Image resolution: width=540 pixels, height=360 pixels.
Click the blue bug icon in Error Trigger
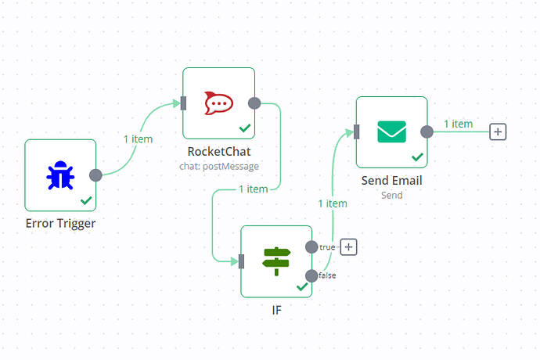click(60, 175)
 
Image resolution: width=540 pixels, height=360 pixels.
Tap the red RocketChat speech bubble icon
click(218, 103)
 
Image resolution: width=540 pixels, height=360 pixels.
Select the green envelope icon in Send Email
click(391, 131)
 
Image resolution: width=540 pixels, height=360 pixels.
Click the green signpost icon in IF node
click(276, 261)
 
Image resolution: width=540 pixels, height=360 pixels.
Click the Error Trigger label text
click(60, 223)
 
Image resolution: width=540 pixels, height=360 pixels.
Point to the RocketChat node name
click(219, 151)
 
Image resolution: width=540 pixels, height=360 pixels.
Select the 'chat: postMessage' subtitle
click(219, 166)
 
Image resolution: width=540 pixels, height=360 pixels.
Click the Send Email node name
click(391, 181)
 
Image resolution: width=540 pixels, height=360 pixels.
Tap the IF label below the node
click(275, 309)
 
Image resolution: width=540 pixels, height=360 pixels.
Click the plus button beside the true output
click(349, 247)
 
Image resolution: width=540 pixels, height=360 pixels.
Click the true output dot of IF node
click(311, 247)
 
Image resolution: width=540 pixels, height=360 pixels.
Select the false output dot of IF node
click(311, 275)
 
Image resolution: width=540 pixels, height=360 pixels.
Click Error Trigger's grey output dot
click(95, 175)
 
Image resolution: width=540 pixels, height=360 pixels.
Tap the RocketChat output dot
click(254, 103)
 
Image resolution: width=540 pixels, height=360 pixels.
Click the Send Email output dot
click(427, 131)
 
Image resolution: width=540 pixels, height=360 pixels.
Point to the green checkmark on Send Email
click(417, 157)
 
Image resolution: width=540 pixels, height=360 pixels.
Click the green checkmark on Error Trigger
click(86, 200)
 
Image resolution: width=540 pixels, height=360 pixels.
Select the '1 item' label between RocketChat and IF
click(253, 189)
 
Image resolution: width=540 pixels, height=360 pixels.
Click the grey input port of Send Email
click(357, 131)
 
